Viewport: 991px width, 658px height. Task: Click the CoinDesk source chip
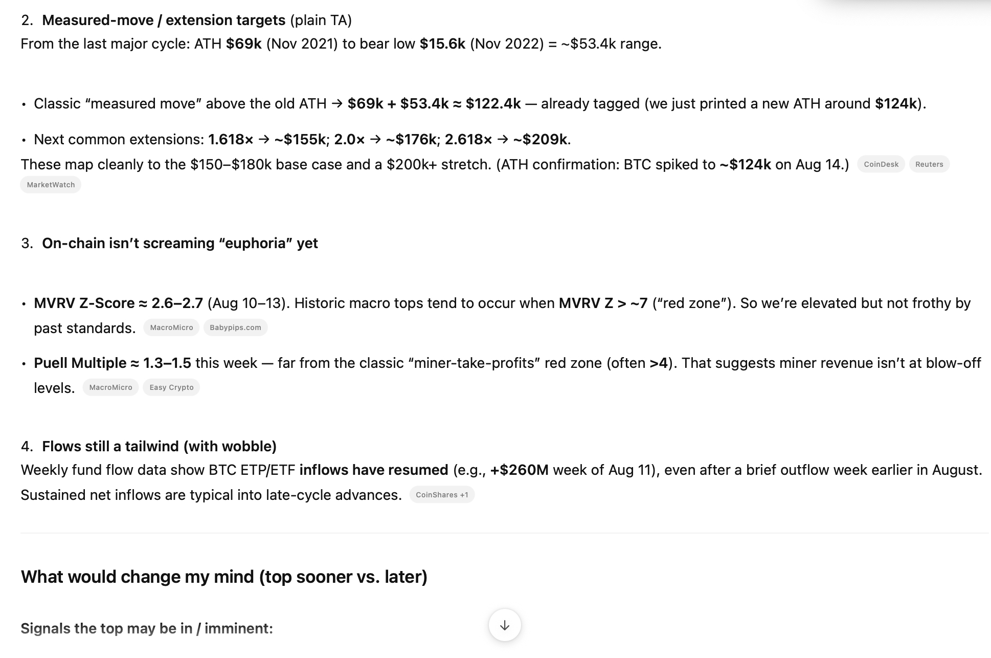coord(881,164)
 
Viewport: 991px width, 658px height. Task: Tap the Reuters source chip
coord(929,164)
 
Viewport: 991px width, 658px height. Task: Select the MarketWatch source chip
coord(51,185)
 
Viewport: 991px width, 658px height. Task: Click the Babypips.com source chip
coord(235,327)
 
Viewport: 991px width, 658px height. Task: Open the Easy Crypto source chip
coord(171,387)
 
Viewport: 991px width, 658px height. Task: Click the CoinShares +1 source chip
coord(442,495)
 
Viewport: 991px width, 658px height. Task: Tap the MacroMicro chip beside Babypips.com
coord(171,327)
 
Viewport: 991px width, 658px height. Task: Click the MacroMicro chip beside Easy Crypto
coord(110,387)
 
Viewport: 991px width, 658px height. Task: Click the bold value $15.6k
coord(442,44)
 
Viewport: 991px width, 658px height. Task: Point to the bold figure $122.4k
coord(493,104)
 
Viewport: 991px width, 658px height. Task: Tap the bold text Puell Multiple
coord(80,363)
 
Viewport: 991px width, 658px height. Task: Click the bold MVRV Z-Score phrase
coord(84,303)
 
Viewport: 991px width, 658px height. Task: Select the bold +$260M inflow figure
coord(519,470)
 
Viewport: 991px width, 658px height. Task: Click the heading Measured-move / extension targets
coord(164,20)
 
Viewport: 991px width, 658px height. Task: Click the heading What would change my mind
coord(224,577)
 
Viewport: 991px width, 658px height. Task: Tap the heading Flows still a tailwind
coord(159,447)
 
